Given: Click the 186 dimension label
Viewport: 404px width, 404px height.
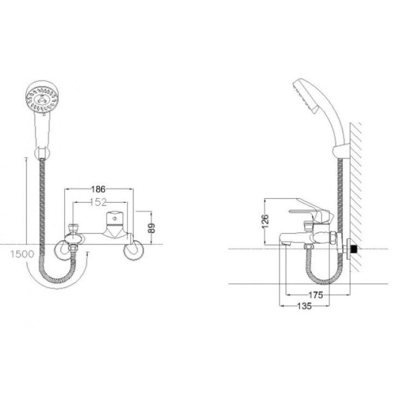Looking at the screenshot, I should click(98, 189).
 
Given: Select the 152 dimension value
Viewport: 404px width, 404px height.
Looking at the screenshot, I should click(98, 202).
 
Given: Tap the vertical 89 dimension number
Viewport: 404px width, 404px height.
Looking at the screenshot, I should click(152, 227).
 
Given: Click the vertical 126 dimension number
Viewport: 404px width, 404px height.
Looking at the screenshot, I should click(266, 221).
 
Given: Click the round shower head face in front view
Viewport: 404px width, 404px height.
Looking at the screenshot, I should click(42, 97).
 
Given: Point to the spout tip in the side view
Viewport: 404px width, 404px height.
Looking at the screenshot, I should click(284, 243).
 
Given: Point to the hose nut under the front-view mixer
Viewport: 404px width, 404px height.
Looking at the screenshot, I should click(73, 248).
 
